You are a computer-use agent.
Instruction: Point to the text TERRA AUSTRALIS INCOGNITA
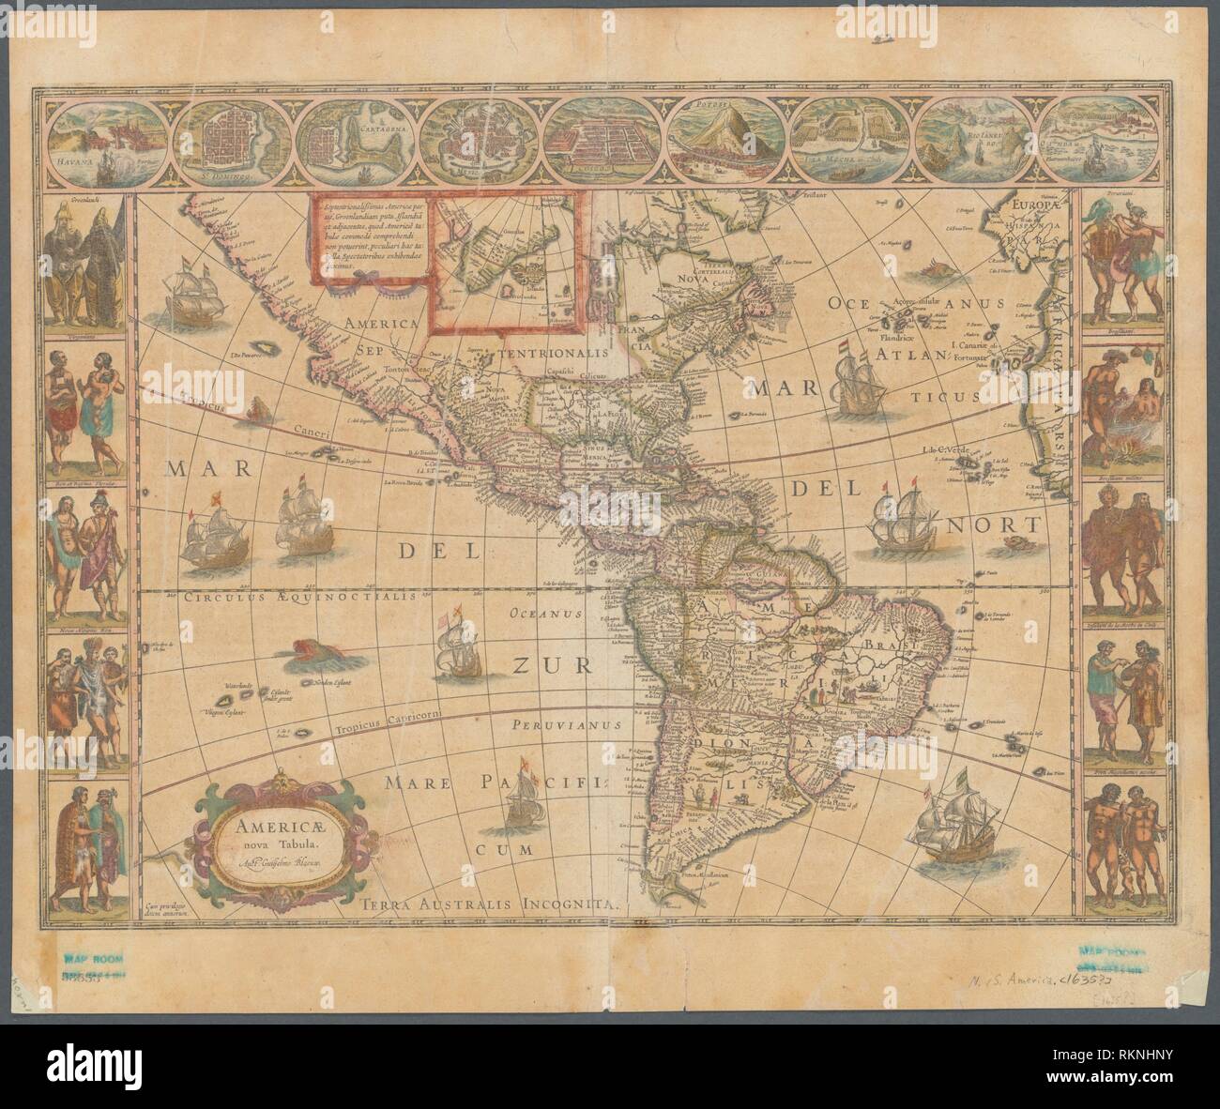click(x=489, y=905)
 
